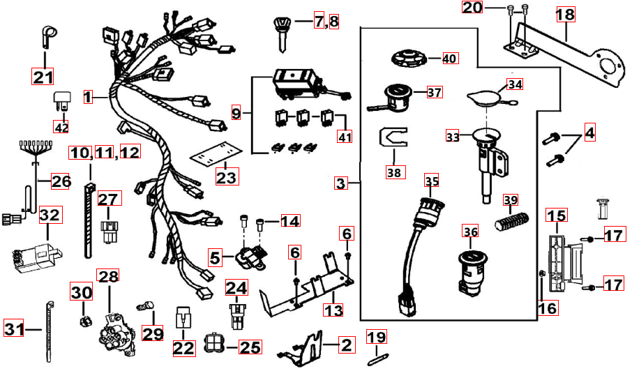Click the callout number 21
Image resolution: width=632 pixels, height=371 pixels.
coord(43,76)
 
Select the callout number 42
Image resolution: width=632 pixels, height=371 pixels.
coord(62,127)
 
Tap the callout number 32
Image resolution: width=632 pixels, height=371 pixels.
coord(50,215)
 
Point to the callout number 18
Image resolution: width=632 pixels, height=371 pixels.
coord(566,14)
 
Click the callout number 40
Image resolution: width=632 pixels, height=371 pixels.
coord(449,59)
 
